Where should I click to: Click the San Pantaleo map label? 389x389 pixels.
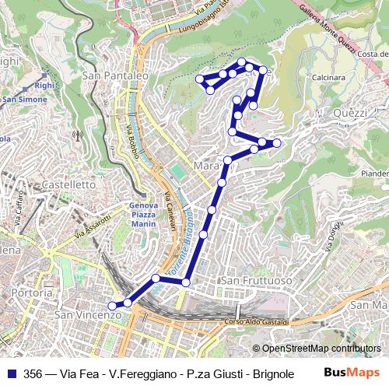coord(115,76)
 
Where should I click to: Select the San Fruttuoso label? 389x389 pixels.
coord(256,279)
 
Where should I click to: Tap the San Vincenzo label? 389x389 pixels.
coord(88,315)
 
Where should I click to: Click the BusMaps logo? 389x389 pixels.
coord(352,373)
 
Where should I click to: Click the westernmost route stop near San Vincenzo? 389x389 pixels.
coord(112,307)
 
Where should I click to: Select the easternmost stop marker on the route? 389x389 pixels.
coord(276,142)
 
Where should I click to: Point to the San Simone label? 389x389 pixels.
coord(23,100)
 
